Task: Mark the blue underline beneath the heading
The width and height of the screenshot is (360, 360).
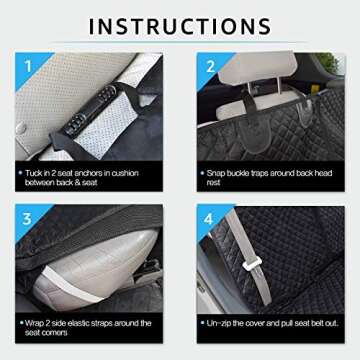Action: tap(180, 45)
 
